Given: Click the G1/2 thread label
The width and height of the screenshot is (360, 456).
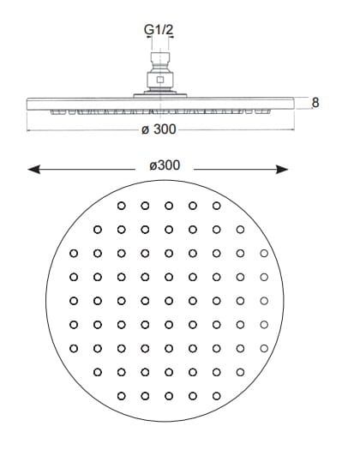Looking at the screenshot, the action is tap(159, 29).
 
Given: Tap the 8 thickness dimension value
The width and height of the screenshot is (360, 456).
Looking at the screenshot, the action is tap(315, 103).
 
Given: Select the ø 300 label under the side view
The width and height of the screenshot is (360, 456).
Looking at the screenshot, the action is tap(159, 129).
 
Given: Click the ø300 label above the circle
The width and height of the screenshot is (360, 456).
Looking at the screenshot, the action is tap(165, 165).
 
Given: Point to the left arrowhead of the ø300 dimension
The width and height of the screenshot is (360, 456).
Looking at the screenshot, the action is tap(33, 169).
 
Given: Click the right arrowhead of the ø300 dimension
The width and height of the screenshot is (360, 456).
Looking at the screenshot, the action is tap(282, 169).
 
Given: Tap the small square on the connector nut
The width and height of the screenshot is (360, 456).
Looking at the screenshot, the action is tap(160, 80).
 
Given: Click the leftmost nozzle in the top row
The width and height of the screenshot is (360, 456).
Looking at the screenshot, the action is tap(121, 206).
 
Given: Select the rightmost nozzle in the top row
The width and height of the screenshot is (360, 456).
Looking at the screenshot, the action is tap(216, 206).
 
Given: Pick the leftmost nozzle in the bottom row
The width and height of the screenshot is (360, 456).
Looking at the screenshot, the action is tap(121, 396).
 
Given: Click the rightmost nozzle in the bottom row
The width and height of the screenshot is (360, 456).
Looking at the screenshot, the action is tap(216, 396).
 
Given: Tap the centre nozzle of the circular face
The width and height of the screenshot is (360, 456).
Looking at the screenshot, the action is tap(169, 301).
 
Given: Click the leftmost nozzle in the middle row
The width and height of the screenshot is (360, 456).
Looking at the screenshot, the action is tap(74, 301).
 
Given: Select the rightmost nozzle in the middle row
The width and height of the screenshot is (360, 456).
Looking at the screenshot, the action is tap(264, 301).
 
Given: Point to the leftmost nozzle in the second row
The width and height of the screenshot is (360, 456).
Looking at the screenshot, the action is tap(98, 230).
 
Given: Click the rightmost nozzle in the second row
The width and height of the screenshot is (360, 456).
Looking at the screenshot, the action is tap(240, 230).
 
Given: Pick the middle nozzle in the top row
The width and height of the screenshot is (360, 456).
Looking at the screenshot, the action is tap(169, 206).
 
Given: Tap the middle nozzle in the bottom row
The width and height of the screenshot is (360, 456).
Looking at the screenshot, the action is tap(169, 396).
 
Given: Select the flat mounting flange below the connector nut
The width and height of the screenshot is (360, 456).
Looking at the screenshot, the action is tap(160, 96).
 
